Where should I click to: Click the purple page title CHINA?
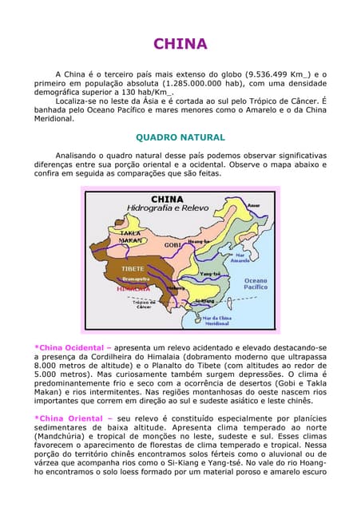(180, 44)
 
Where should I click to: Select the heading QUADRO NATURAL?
(180, 137)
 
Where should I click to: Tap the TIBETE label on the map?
(133, 269)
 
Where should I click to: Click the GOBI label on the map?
(173, 244)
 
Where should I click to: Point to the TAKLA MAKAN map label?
(131, 236)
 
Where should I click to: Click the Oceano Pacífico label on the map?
(256, 285)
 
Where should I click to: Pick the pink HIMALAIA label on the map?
(133, 289)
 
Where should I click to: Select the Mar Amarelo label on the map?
(237, 257)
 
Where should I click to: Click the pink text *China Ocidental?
(68, 348)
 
